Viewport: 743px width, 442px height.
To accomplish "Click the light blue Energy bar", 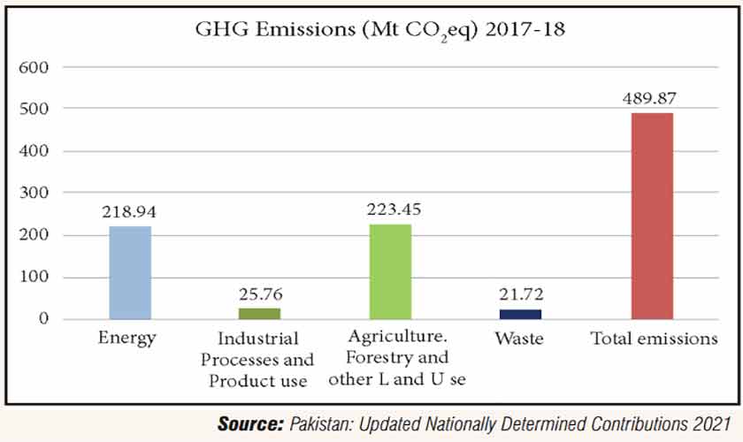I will pyautogui.click(x=130, y=272).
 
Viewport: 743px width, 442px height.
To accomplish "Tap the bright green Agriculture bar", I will pyautogui.click(x=390, y=271).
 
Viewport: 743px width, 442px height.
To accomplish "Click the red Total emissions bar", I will pyautogui.click(x=652, y=216).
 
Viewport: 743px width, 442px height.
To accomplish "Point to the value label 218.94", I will pyautogui.click(x=130, y=213).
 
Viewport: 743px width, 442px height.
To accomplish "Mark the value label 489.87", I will pyautogui.click(x=652, y=98).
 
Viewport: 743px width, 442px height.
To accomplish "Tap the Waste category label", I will pyautogui.click(x=518, y=339).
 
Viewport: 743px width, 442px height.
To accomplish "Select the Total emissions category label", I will pyautogui.click(x=654, y=339).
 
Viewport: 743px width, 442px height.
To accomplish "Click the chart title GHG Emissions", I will pyautogui.click(x=379, y=31).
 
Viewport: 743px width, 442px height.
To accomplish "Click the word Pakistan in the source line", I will pyautogui.click(x=322, y=424).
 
